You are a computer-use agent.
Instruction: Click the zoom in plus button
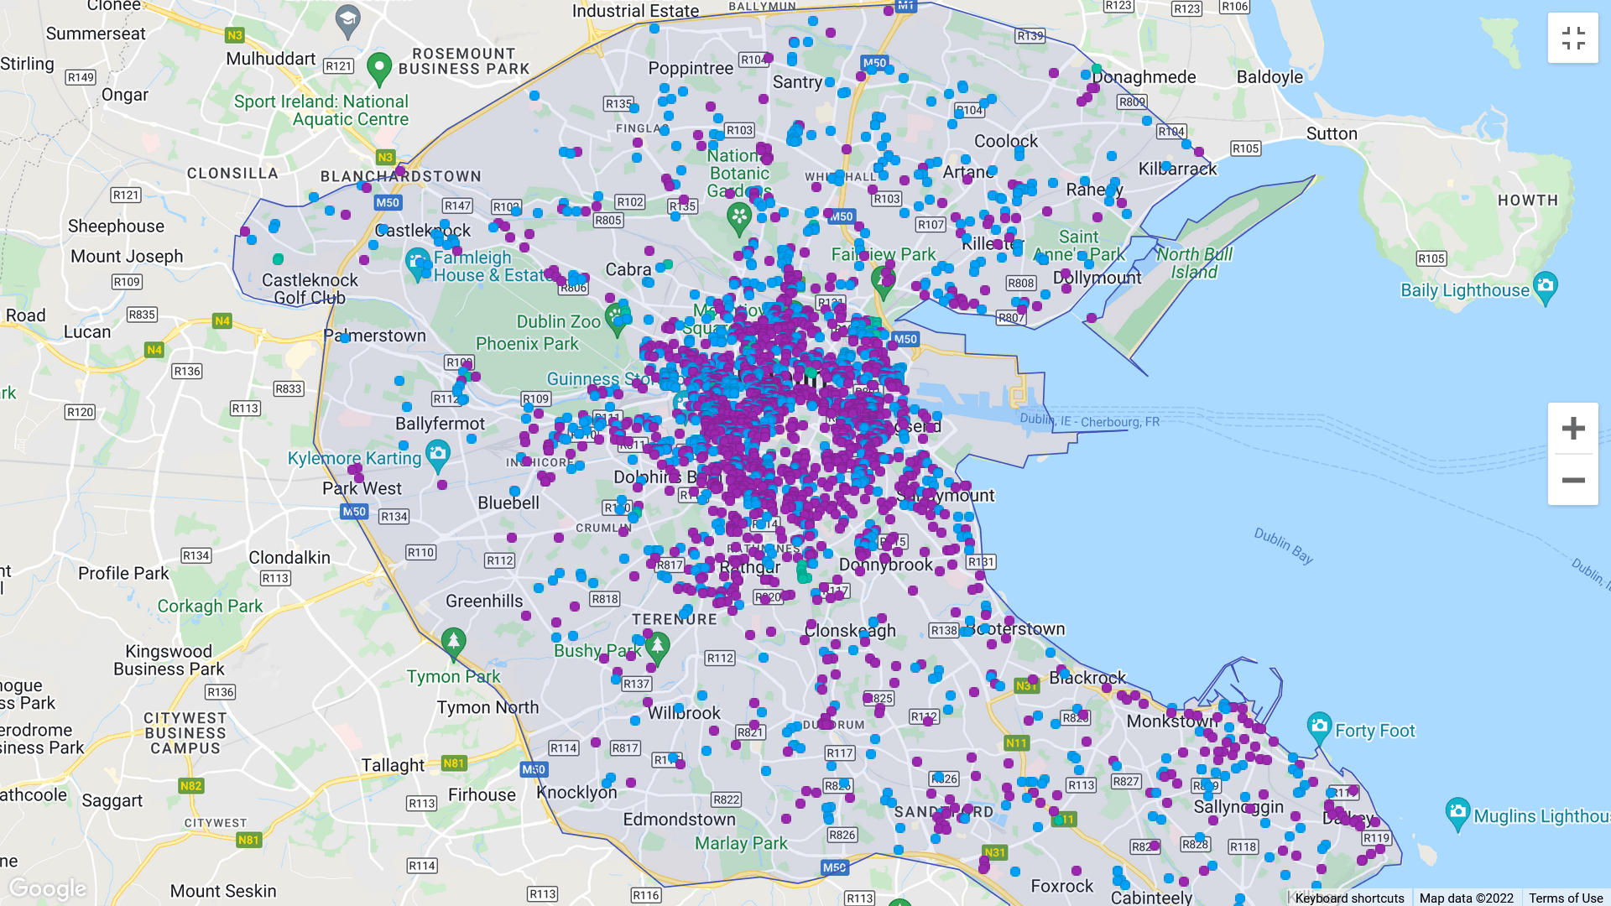coord(1572,429)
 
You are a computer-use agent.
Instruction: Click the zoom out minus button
coord(1572,481)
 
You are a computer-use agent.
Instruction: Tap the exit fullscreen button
coord(1572,38)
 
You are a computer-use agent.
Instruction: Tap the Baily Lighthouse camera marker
coord(1545,287)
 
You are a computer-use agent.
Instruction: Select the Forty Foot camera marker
coord(1319,726)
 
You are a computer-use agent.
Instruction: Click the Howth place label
coord(1527,200)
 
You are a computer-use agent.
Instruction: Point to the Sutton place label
coord(1332,133)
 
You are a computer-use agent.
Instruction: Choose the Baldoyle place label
coord(1270,77)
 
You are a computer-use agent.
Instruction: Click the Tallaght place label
coord(393,765)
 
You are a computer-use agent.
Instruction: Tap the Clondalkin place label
coord(289,558)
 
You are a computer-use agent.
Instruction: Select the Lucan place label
coord(87,332)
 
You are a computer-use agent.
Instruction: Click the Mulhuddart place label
coord(270,59)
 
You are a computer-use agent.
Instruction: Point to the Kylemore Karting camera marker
coord(437,456)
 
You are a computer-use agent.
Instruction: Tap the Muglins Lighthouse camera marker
coord(1458,812)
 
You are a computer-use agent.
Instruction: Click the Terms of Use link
coord(1565,898)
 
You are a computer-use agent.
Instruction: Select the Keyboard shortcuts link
coord(1349,898)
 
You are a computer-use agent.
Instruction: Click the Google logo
coord(48,888)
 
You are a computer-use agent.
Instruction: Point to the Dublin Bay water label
coord(1283,545)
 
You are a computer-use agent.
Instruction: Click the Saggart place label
coord(112,801)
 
